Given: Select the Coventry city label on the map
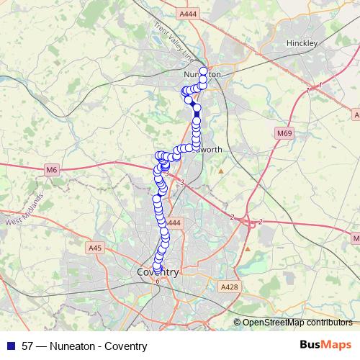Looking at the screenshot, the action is point(157,273).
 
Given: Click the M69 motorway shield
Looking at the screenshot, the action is point(286,133).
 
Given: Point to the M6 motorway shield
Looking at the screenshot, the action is point(50,170).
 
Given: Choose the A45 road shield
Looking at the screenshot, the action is point(95,248).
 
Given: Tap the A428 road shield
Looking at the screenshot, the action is point(229,287).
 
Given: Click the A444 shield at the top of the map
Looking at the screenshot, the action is point(187,14).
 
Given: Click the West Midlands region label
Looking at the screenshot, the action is point(24,212).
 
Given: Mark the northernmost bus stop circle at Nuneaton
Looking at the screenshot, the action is point(203,71).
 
